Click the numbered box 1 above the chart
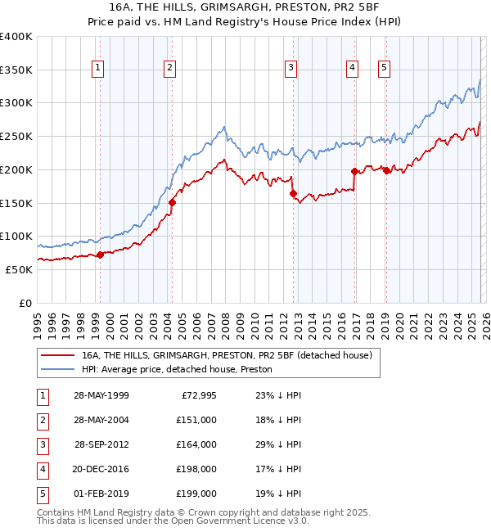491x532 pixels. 98,68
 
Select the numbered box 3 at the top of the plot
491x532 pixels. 291,68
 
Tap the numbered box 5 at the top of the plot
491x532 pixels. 384,68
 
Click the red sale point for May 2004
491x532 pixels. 172,202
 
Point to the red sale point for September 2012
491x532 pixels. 293,193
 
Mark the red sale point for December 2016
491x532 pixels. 354,171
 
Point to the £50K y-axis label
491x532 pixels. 20,269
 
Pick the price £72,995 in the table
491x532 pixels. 196,395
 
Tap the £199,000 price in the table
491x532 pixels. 196,494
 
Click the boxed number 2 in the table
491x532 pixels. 42,420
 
